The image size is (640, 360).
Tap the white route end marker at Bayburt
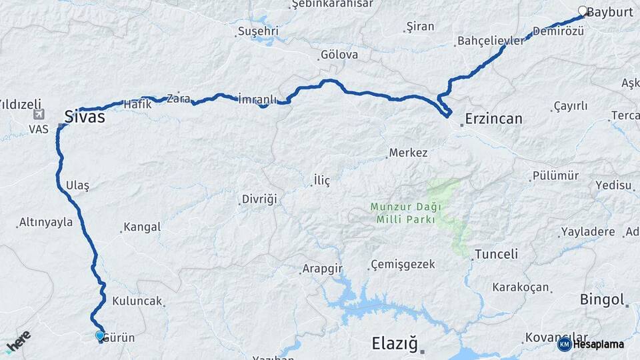pos(583,11)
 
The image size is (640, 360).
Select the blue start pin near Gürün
pos(100,336)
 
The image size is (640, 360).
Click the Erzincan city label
pos(494,119)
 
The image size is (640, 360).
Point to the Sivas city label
pos(85,117)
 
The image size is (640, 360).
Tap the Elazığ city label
pos(394,344)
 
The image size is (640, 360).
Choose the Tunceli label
pos(495,254)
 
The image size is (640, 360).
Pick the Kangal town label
pos(141,227)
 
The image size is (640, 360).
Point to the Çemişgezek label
pos(403,265)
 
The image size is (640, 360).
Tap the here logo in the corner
pos(18,340)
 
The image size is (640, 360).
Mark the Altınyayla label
pos(46,222)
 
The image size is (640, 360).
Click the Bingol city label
pos(602,299)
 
